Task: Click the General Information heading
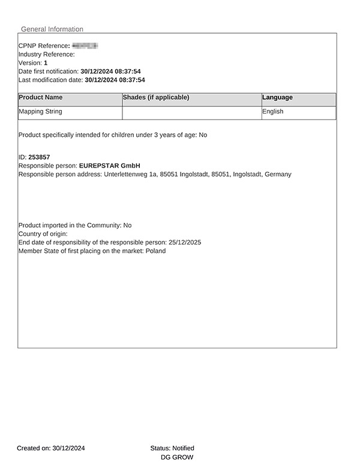pyautogui.click(x=52, y=29)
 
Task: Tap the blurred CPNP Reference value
pyautogui.click(x=85, y=46)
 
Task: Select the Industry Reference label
pyautogui.click(x=47, y=54)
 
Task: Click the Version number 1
pyautogui.click(x=46, y=62)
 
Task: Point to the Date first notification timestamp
pyautogui.click(x=110, y=71)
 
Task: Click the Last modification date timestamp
pyautogui.click(x=115, y=79)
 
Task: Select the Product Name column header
pyautogui.click(x=40, y=97)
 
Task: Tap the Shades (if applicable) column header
pyautogui.click(x=156, y=97)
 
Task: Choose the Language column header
pyautogui.click(x=277, y=97)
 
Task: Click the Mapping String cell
pyautogui.click(x=40, y=112)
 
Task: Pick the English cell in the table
pyautogui.click(x=273, y=112)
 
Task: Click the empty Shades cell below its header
pyautogui.click(x=192, y=112)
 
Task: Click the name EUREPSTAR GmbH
pyautogui.click(x=109, y=165)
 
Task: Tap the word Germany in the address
pyautogui.click(x=278, y=174)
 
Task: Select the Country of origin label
pyautogui.click(x=43, y=234)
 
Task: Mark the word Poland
pyautogui.click(x=155, y=250)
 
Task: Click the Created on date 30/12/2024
pyautogui.click(x=68, y=448)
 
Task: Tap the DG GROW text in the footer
pyautogui.click(x=177, y=457)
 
